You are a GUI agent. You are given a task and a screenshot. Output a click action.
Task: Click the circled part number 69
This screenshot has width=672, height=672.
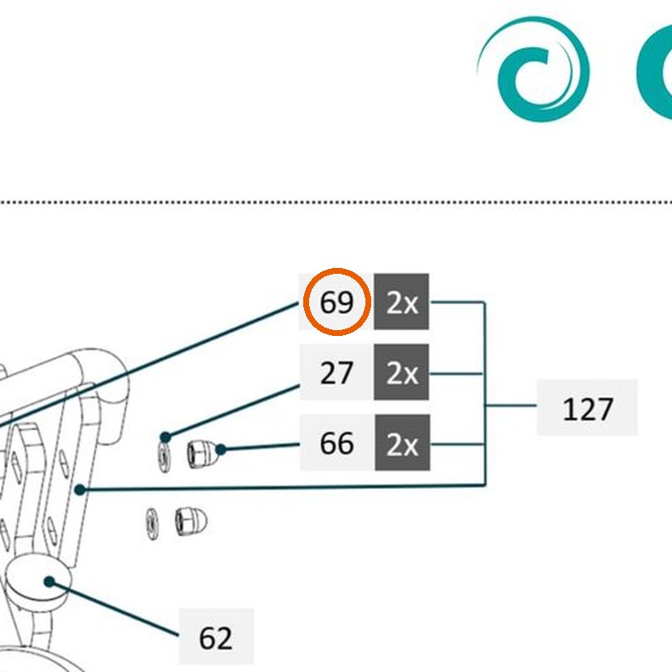337,302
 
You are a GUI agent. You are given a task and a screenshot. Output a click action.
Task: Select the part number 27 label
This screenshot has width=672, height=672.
336,372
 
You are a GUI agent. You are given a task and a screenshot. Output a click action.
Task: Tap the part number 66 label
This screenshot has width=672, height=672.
337,443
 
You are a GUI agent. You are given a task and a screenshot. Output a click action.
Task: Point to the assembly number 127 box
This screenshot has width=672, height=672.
587,407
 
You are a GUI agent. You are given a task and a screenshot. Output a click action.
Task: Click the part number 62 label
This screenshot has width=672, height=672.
216,637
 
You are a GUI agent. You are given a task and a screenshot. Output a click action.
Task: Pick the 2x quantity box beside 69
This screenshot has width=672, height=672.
402,302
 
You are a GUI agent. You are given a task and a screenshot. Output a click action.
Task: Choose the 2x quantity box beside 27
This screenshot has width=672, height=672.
402,372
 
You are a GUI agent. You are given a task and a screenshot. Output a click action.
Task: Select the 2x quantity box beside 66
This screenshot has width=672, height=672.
402,443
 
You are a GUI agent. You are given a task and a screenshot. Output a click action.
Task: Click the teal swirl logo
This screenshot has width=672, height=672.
533,69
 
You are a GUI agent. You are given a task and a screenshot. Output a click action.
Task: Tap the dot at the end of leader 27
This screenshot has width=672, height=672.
165,438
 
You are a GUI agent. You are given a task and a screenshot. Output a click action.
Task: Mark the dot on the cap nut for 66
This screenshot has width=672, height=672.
221,449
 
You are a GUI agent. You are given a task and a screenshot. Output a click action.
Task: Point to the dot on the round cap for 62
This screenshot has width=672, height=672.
50,581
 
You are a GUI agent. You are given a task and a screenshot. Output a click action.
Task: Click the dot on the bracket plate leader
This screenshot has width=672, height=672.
80,490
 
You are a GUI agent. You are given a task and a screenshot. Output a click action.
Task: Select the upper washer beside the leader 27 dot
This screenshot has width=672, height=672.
164,457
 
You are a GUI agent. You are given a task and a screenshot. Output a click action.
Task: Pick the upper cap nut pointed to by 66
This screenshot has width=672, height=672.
202,454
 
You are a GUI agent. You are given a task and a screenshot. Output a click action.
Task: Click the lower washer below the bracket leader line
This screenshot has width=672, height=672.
152,523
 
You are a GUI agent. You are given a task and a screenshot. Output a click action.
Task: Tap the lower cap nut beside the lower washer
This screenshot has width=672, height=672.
192,522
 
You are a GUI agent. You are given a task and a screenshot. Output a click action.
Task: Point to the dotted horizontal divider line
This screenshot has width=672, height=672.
336,202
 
